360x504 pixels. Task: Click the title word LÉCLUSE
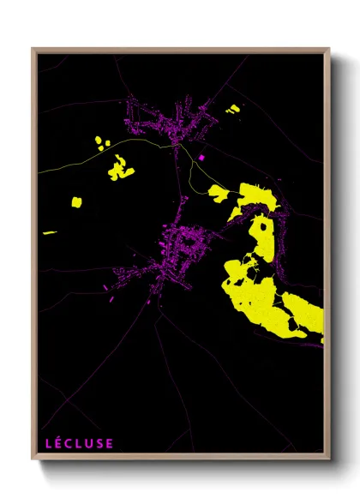pyautogui.click(x=79, y=443)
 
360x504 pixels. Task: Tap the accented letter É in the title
pyautogui.click(x=60, y=443)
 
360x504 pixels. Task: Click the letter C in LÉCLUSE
pyautogui.click(x=70, y=443)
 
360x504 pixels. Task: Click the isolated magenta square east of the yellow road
pyautogui.click(x=202, y=158)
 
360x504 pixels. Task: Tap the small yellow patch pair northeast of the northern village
pyautogui.click(x=232, y=109)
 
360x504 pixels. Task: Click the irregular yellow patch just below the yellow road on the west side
pyautogui.click(x=120, y=170)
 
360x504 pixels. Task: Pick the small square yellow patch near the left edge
pyautogui.click(x=76, y=202)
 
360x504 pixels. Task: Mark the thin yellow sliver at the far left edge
pyautogui.click(x=49, y=231)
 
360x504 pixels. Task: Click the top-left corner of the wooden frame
pyautogui.click(x=33, y=50)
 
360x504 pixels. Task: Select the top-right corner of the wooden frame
pyautogui.click(x=329, y=50)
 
